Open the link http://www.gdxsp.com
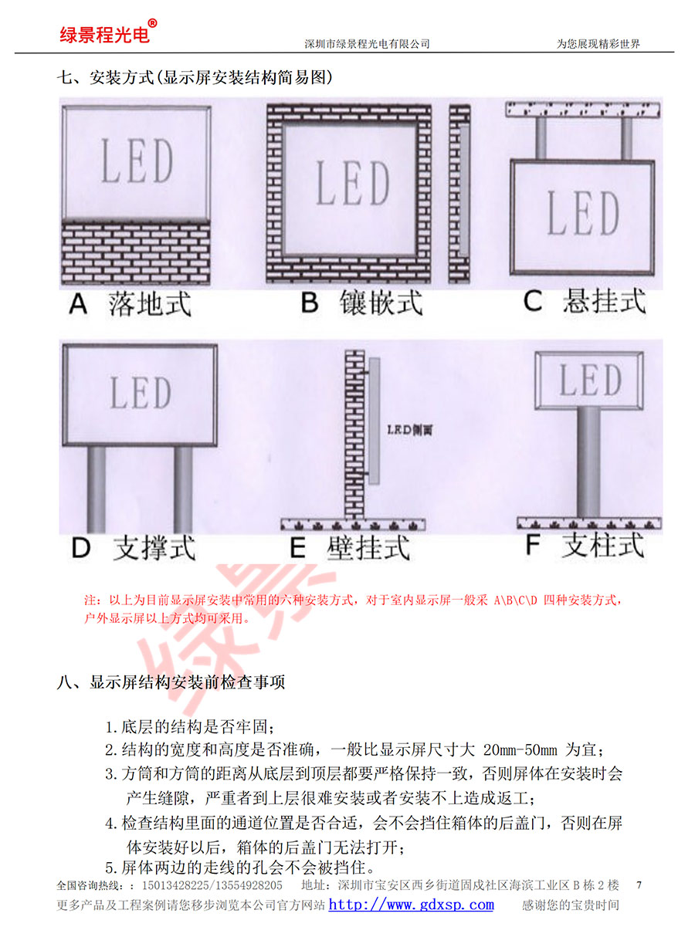point(411,905)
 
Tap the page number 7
point(637,884)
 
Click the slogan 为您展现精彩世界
point(598,44)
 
